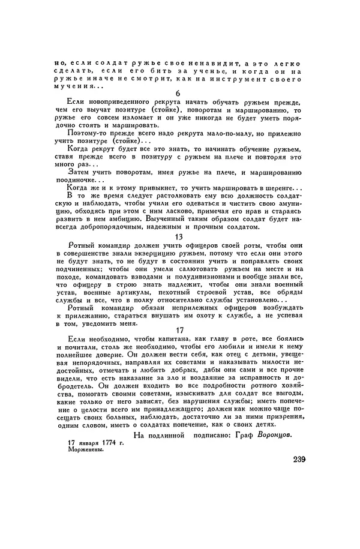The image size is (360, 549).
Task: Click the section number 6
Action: click(178, 93)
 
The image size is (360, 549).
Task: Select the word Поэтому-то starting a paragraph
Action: click(83, 133)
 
